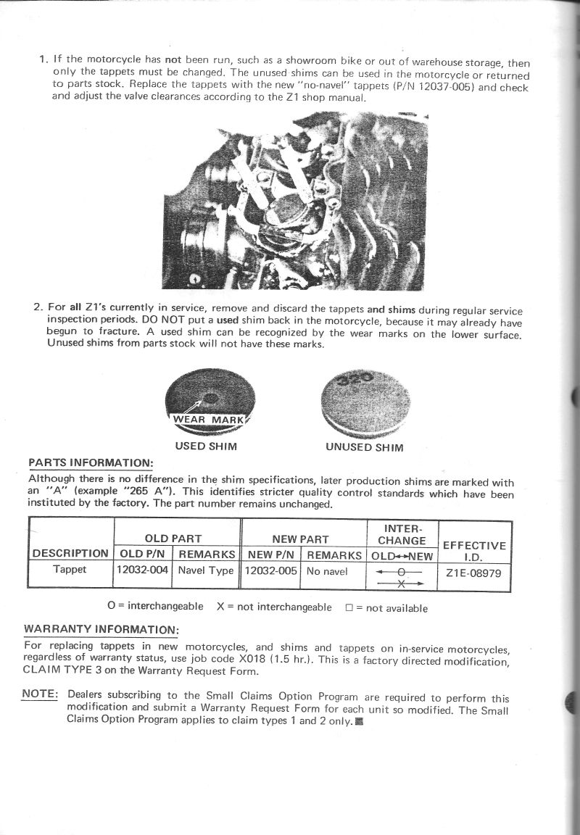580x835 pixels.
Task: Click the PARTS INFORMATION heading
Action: [90, 462]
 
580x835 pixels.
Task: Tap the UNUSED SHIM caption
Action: [364, 447]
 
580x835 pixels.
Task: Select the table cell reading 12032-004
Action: [143, 570]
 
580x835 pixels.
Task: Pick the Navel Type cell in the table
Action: [207, 570]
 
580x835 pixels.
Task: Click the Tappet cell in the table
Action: [70, 570]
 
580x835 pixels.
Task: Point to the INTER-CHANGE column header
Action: [402, 534]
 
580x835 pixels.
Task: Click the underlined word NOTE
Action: [39, 693]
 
